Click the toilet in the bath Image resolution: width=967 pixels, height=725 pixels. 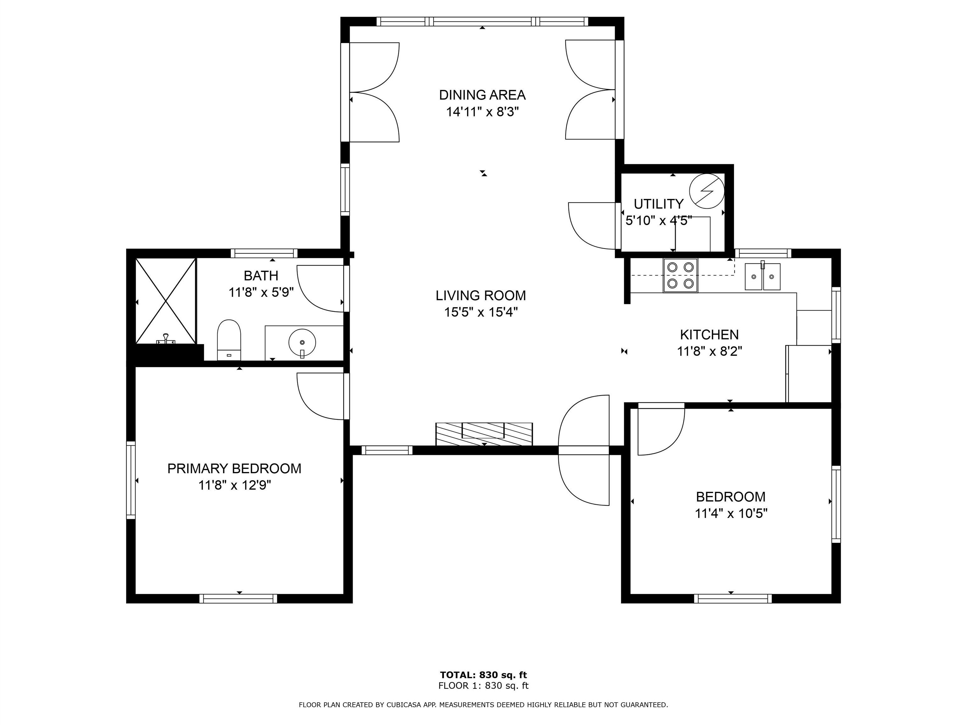(x=229, y=340)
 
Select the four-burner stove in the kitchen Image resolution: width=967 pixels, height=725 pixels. (x=681, y=275)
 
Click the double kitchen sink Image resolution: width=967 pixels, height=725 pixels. (x=763, y=276)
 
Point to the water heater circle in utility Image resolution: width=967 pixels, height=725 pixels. (x=706, y=191)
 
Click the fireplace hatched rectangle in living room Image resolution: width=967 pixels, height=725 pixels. (x=484, y=434)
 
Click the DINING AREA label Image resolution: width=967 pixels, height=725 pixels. (x=482, y=95)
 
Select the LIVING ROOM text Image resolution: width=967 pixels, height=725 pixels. (x=481, y=295)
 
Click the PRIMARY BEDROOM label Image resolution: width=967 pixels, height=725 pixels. (x=234, y=469)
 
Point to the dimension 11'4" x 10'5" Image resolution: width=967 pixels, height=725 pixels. (x=731, y=513)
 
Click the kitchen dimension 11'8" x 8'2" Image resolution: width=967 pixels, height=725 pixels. (x=710, y=351)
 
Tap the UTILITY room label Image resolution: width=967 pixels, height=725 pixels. (x=659, y=204)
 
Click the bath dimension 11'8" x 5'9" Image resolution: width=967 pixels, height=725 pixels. (x=261, y=292)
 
